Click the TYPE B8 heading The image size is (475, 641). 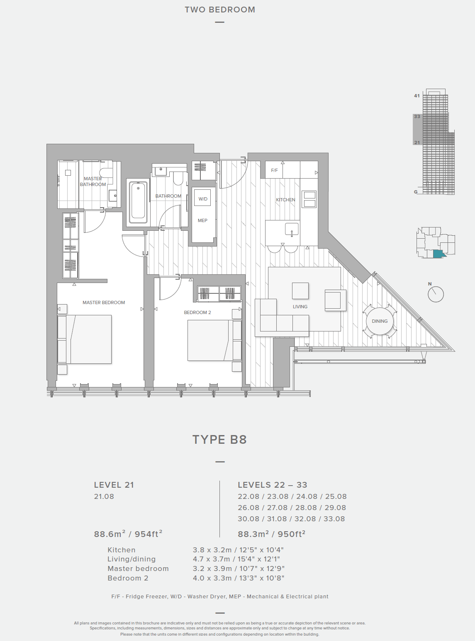point(219,440)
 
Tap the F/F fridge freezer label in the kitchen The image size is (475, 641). point(274,171)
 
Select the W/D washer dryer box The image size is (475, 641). point(202,197)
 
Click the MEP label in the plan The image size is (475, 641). point(202,220)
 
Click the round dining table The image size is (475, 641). point(380,321)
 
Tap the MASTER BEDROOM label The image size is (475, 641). point(104,302)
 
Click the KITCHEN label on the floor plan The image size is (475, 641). point(285,200)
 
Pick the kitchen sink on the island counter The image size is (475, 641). point(292,230)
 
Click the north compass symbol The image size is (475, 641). point(435,294)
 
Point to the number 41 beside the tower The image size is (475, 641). point(417,96)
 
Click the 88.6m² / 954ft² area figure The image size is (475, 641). point(128,534)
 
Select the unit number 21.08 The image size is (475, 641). point(104,496)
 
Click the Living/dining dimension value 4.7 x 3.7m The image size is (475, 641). point(212,559)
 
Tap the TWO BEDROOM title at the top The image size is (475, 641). point(220,10)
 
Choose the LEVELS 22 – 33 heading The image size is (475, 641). point(273,485)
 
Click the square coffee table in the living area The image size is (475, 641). point(300,290)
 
